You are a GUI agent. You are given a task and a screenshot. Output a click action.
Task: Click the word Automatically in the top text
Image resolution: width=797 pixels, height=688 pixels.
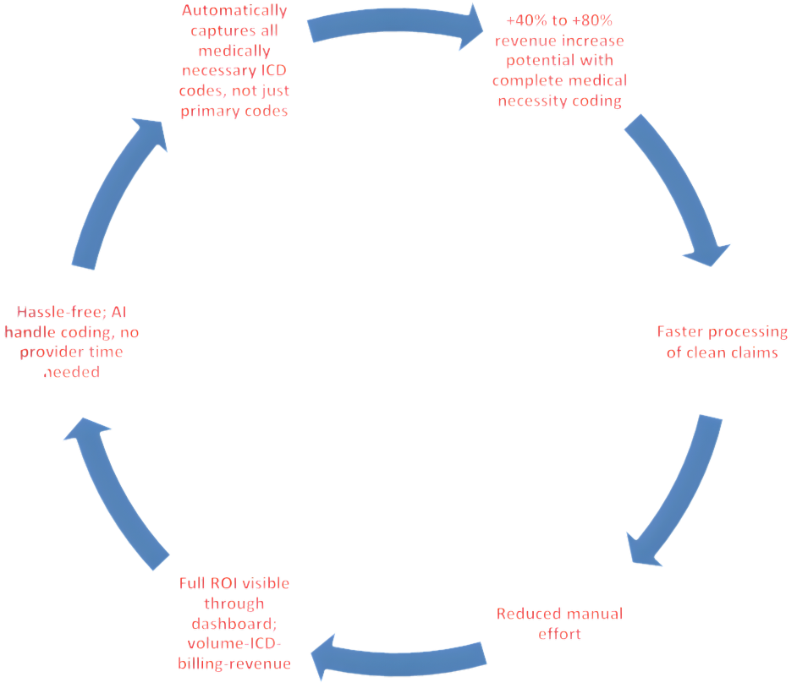click(234, 12)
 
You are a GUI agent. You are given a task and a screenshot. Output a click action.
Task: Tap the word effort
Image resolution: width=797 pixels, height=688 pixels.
click(559, 633)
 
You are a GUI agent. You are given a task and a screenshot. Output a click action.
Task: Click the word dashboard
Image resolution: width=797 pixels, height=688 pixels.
click(235, 625)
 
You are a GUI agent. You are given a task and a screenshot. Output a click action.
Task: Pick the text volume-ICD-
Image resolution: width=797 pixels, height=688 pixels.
click(235, 644)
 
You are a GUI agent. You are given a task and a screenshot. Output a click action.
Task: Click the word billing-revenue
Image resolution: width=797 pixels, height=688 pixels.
click(234, 664)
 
